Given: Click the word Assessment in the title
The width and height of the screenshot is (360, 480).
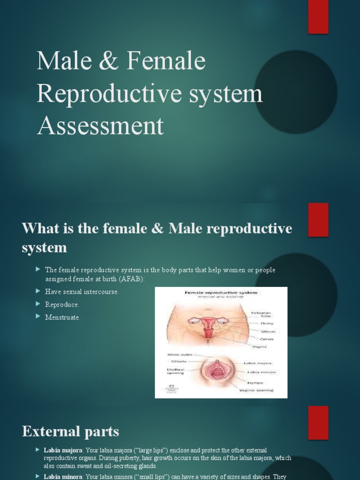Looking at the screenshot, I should coord(100,126).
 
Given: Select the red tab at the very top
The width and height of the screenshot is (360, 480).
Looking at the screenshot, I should coord(318,17).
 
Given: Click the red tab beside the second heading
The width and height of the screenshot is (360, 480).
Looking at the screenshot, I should coord(318,219).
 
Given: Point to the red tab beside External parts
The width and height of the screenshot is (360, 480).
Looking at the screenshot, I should coord(318,422).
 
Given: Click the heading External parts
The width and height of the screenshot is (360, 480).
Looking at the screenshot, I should coord(70,431).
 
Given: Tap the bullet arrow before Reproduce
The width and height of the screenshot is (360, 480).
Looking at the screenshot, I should coord(38,304).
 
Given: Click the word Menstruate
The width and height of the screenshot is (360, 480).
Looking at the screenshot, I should coord(63,317).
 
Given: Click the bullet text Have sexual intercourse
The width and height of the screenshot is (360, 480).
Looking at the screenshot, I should coord(82,292).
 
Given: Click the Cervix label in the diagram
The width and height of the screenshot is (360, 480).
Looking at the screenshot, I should coord(267,339).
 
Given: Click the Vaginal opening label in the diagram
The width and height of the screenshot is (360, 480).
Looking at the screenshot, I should coord(256,390).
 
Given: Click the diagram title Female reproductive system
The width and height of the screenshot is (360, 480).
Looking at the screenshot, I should coord(221,292).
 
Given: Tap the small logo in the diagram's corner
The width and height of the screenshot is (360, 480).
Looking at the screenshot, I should coord(172,388).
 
